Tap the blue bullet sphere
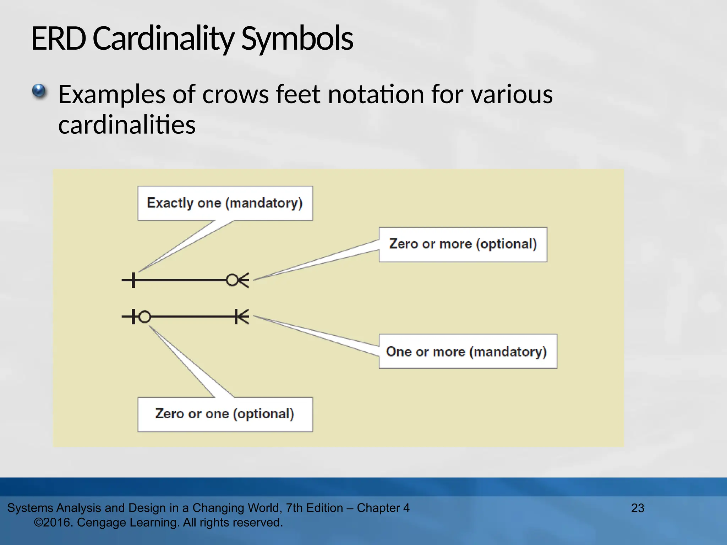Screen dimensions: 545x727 click(39, 91)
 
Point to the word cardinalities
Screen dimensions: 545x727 click(127, 125)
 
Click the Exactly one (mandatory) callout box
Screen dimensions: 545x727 click(225, 203)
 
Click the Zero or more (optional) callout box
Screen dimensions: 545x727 click(463, 244)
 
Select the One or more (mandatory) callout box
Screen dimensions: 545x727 click(468, 351)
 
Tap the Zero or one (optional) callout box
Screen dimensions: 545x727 click(225, 414)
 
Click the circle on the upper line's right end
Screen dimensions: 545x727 click(232, 280)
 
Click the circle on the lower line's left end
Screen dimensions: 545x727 click(144, 316)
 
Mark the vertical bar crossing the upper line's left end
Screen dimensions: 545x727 click(133, 280)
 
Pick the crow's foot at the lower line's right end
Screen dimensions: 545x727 click(242, 316)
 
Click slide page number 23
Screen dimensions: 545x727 click(638, 508)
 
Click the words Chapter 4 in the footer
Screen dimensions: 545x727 click(383, 508)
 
